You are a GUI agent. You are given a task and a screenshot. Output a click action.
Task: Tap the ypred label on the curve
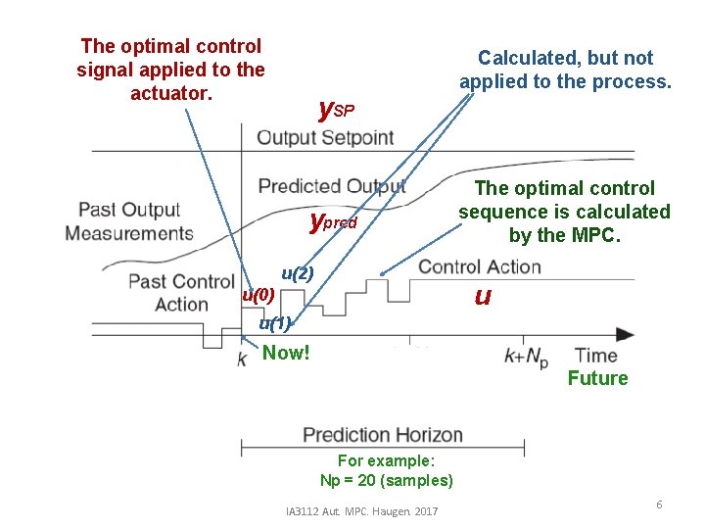click(x=333, y=221)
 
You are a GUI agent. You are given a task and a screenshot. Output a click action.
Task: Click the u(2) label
click(x=297, y=273)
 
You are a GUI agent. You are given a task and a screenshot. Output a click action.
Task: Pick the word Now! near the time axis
click(x=286, y=353)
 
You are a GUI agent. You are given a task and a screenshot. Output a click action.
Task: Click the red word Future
click(x=597, y=378)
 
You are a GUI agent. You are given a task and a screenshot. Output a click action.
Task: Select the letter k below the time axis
click(x=241, y=360)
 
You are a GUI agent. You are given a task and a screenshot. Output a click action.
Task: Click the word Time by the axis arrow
click(x=595, y=355)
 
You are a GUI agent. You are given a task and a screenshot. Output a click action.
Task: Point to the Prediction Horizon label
click(x=383, y=434)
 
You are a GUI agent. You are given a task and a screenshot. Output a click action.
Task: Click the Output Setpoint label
click(x=325, y=137)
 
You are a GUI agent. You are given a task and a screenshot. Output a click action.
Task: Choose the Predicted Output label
click(x=331, y=186)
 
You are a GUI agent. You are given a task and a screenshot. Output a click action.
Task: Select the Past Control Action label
click(x=181, y=292)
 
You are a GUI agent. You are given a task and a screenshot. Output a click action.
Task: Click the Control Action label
click(x=479, y=266)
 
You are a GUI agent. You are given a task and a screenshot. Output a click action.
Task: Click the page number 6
click(x=659, y=504)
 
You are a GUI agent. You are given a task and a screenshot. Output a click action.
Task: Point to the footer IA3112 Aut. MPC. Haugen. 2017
click(x=361, y=511)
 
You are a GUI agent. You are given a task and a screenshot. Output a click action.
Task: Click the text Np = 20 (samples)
click(x=386, y=480)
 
